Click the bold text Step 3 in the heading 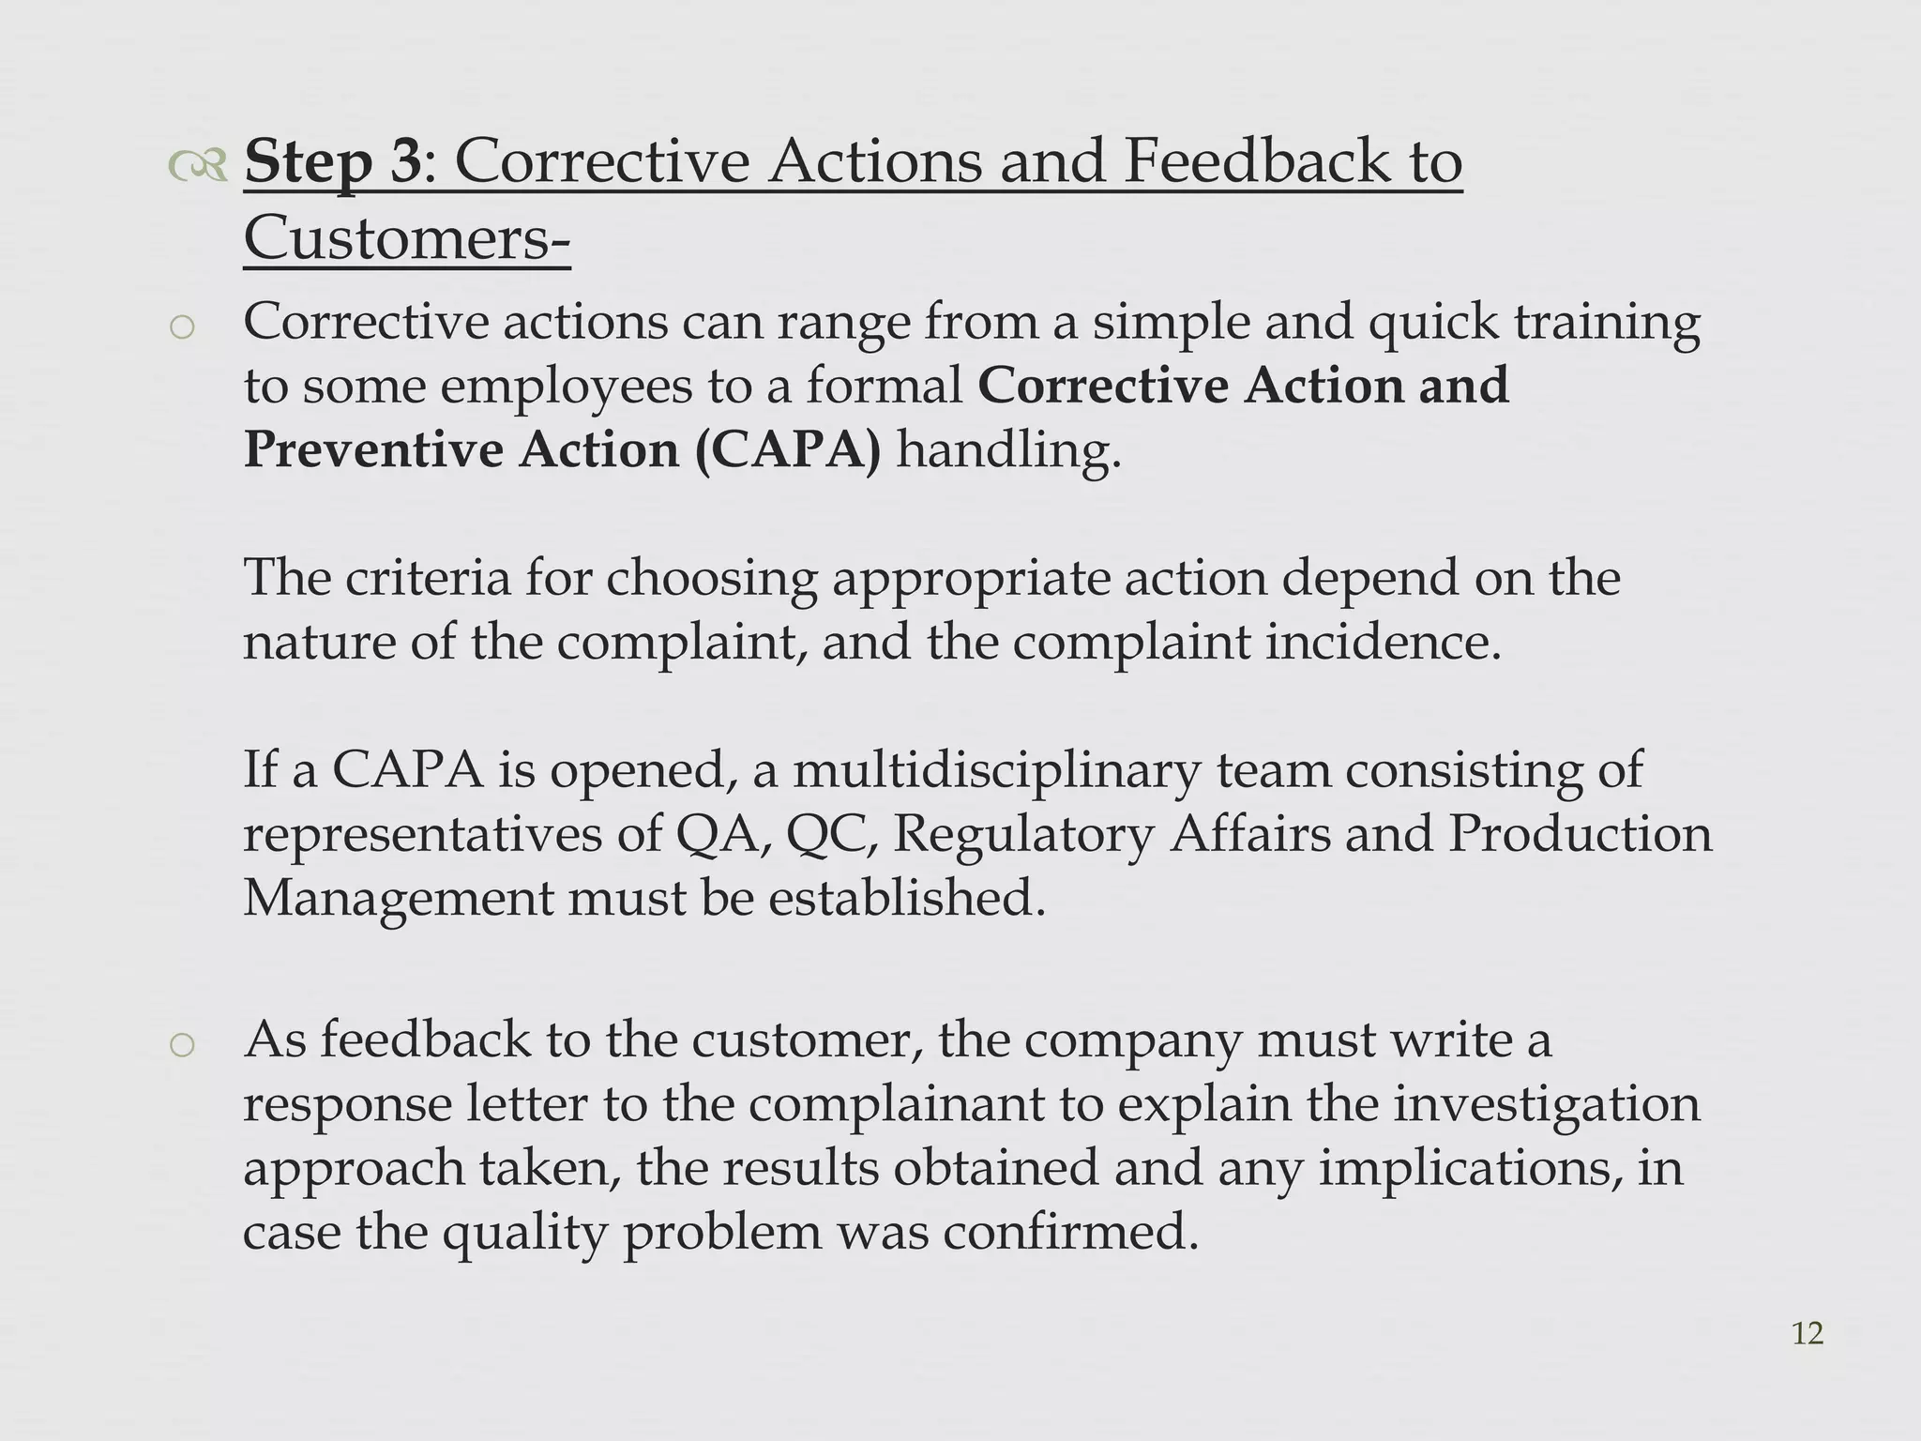[x=333, y=161]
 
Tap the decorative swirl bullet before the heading [x=198, y=166]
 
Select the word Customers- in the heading [x=406, y=238]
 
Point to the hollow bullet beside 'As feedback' [x=183, y=1045]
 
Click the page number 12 [x=1808, y=1333]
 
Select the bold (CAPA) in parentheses [x=789, y=449]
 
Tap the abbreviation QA [x=724, y=834]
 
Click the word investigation [x=1546, y=1105]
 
